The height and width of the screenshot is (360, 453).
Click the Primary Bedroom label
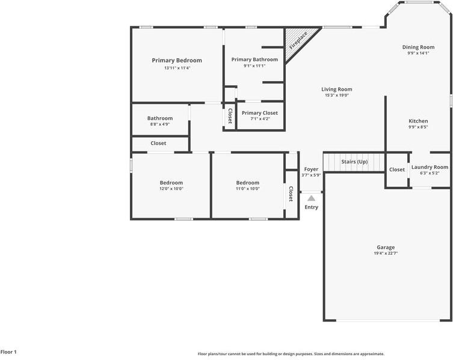click(x=177, y=60)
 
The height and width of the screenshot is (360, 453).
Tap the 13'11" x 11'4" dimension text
click(x=177, y=68)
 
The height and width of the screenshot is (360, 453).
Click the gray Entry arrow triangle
click(x=311, y=198)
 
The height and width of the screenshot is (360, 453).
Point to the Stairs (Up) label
click(x=354, y=162)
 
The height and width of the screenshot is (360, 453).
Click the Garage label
click(x=386, y=247)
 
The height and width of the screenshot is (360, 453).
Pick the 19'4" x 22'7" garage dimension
click(x=386, y=254)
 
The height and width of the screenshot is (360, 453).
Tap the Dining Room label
click(x=418, y=47)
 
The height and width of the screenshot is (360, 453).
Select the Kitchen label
click(x=418, y=121)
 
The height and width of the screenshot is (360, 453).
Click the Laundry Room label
click(x=430, y=167)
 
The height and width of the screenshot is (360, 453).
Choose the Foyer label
click(x=311, y=169)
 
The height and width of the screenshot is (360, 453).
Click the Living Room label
click(x=337, y=89)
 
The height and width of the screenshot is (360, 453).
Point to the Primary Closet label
click(x=260, y=113)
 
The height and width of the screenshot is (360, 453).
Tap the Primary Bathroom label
click(x=254, y=59)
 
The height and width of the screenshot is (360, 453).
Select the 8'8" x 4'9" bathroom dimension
click(x=160, y=124)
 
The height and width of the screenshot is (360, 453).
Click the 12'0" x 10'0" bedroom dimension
click(x=171, y=189)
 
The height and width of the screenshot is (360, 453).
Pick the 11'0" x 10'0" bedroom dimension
click(x=248, y=189)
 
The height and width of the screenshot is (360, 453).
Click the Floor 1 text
click(x=8, y=352)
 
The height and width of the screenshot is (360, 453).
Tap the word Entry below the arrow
click(x=311, y=207)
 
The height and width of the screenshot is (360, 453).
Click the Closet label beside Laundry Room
click(x=397, y=169)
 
